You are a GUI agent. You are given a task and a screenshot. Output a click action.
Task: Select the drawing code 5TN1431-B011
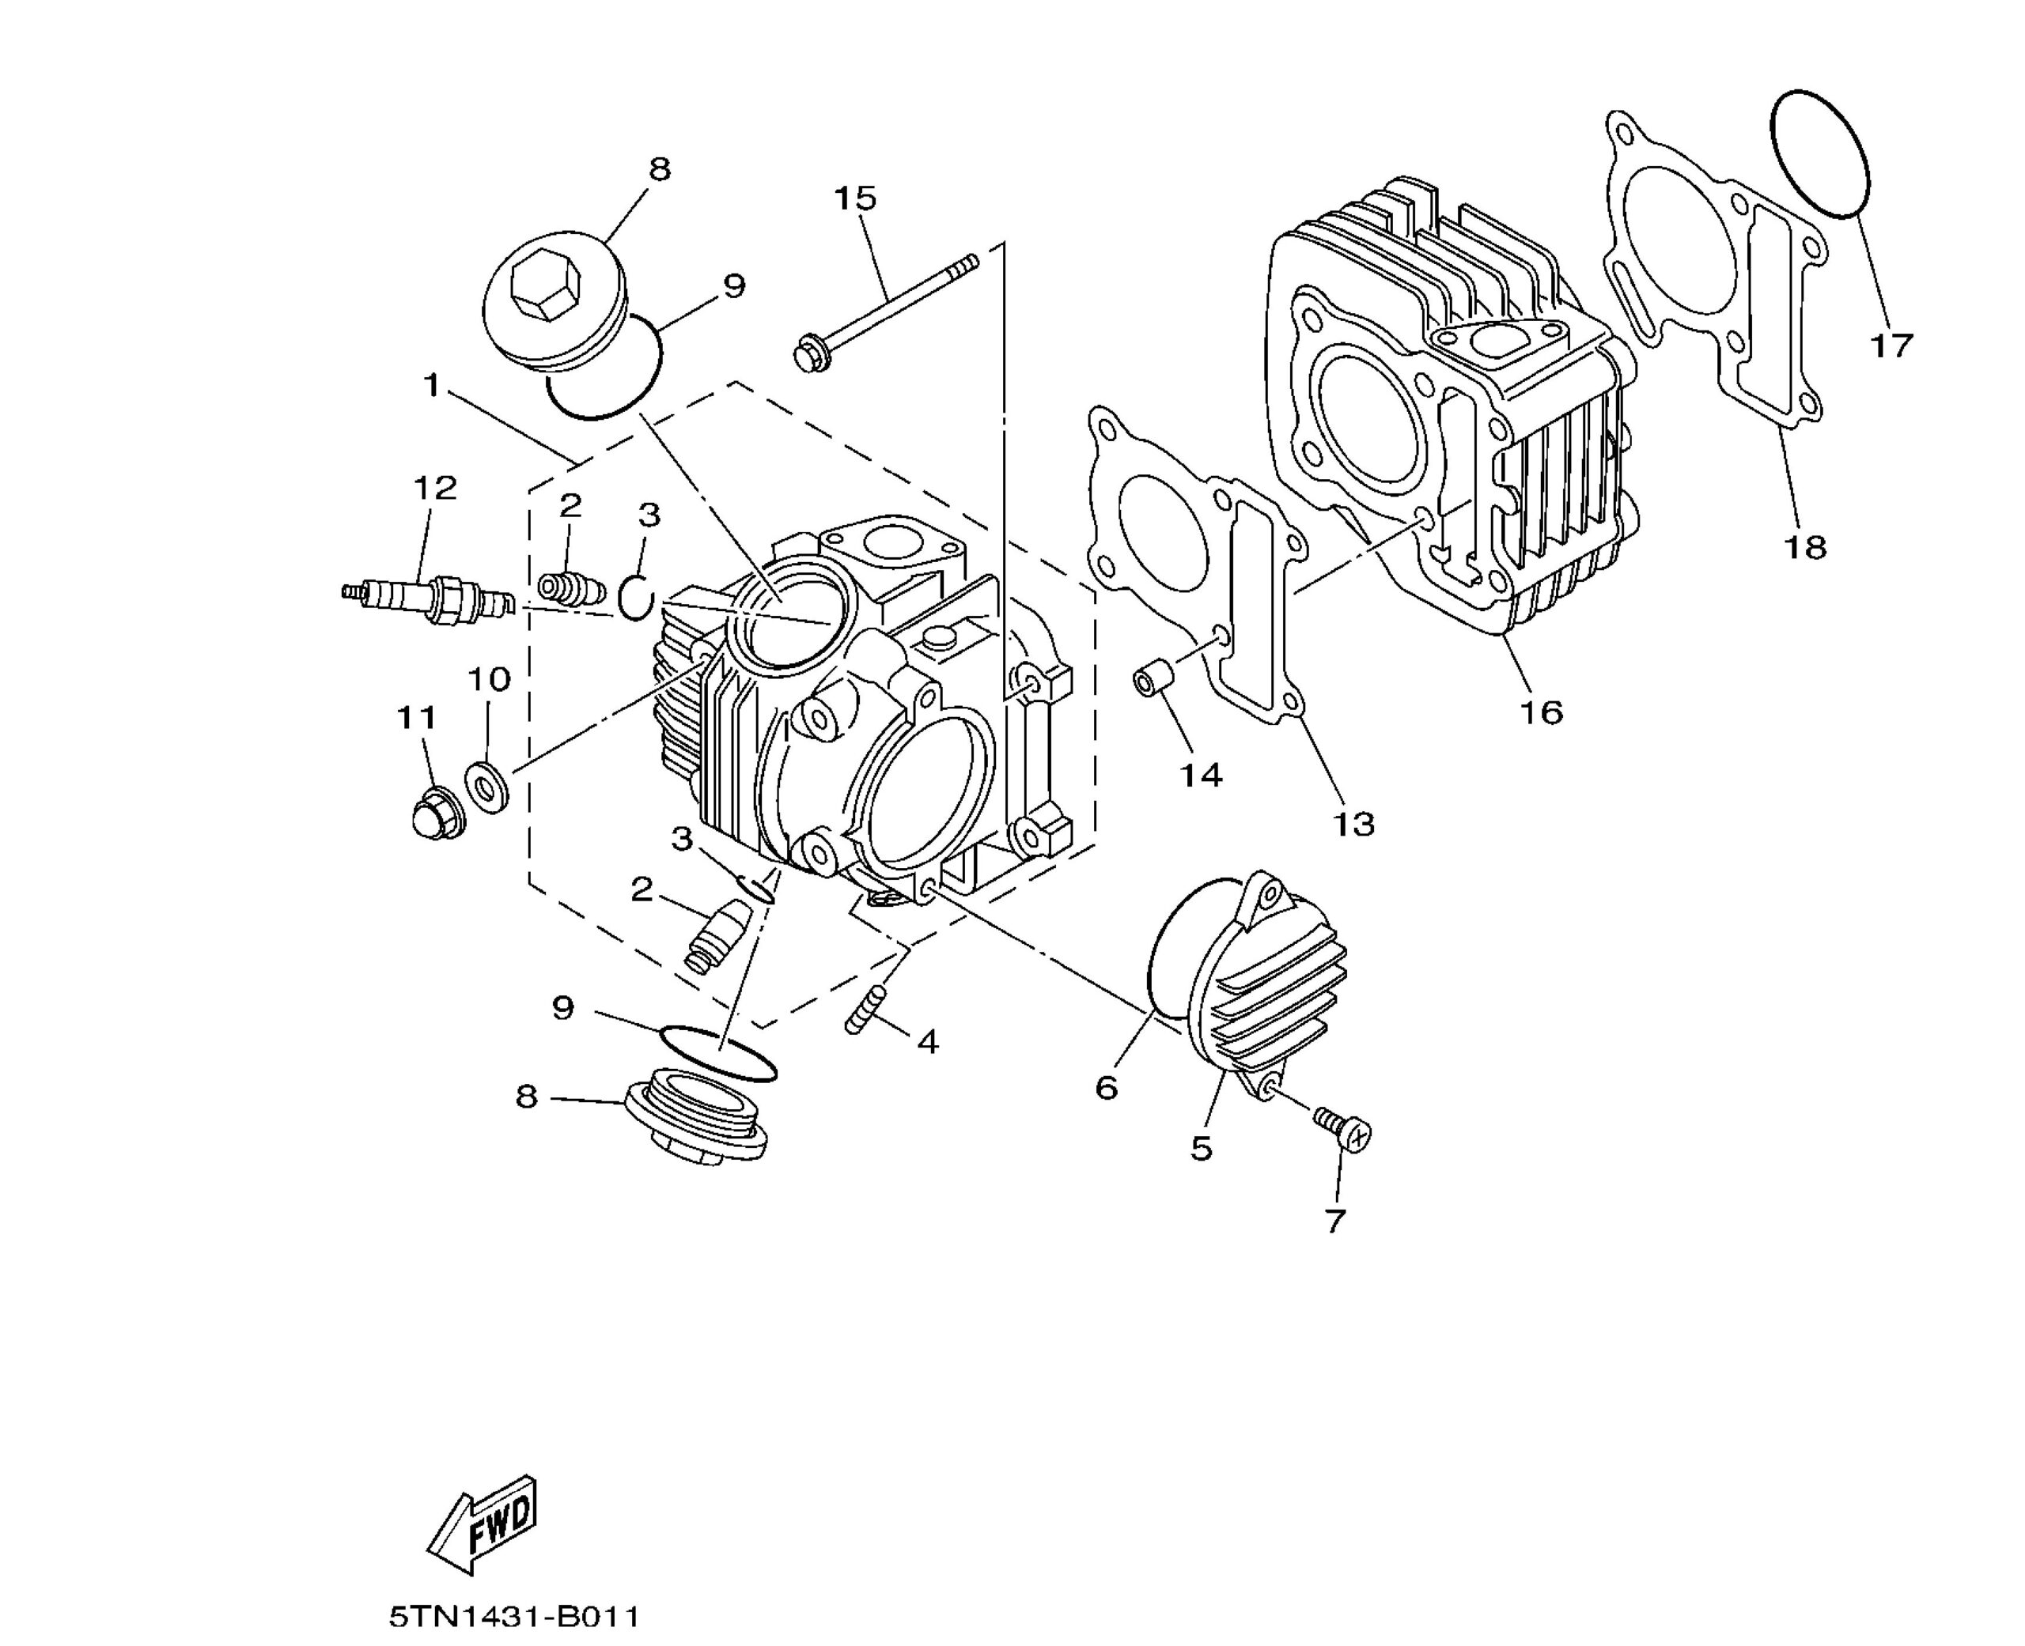(x=514, y=1616)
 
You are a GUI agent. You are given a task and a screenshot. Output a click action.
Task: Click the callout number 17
(x=1891, y=345)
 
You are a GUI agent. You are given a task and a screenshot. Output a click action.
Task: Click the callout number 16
(x=1540, y=711)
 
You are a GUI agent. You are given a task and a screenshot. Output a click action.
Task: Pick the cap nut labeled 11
(x=435, y=814)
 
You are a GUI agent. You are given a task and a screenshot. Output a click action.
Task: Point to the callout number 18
(x=1804, y=547)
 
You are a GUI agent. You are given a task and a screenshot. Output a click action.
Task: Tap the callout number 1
(x=433, y=386)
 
